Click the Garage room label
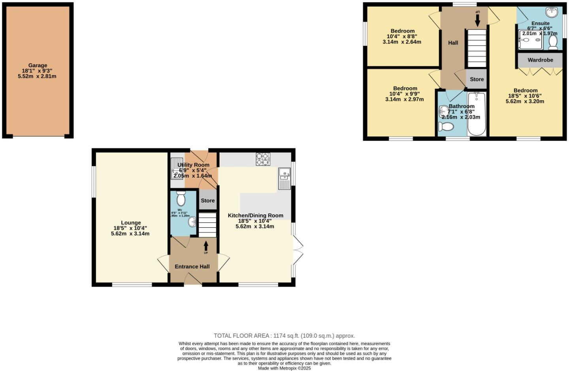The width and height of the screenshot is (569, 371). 38,66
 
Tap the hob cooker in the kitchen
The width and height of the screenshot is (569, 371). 263,159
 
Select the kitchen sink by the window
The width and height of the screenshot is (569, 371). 284,178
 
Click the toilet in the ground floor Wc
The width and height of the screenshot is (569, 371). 181,199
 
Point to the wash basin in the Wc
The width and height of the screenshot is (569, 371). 192,222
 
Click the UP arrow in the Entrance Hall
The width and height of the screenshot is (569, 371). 205,247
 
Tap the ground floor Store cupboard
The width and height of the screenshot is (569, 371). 207,200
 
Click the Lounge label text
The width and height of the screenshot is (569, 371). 131,223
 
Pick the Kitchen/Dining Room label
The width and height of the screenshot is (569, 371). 255,215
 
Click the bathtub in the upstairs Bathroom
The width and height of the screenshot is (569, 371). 477,114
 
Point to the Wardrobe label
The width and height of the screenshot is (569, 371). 540,60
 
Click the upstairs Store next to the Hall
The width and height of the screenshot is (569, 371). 477,79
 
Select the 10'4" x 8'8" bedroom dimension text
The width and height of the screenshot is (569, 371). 402,36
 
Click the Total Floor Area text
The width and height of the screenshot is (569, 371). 284,336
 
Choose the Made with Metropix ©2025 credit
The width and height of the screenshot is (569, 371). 284,368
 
